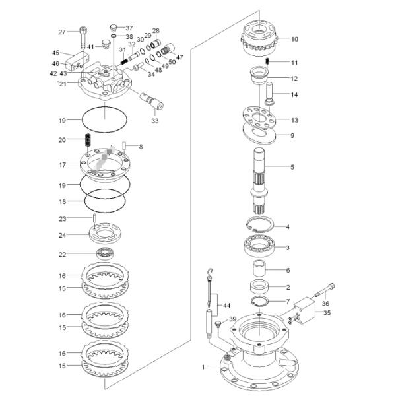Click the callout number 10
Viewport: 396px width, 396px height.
pyautogui.click(x=294, y=39)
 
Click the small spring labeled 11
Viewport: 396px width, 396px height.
pyautogui.click(x=267, y=62)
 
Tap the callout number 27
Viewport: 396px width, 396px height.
pyautogui.click(x=62, y=32)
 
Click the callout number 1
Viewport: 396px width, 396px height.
pyautogui.click(x=203, y=365)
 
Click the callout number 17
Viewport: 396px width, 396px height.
pyautogui.click(x=62, y=165)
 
